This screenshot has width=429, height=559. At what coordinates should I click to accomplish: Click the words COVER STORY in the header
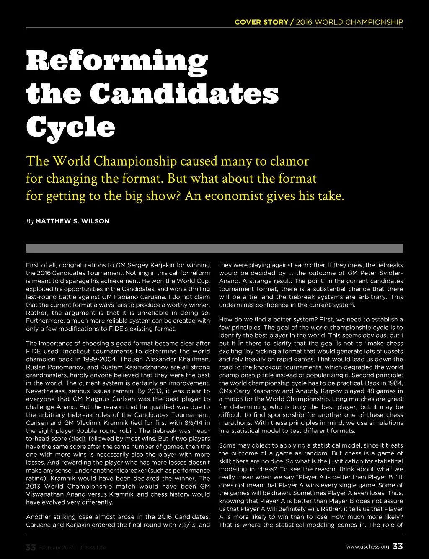pos(261,22)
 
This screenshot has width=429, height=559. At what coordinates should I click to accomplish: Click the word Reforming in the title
pos(116,61)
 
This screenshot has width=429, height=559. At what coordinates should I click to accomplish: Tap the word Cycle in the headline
pos(70,127)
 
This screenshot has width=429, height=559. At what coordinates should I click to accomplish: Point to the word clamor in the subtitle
pos(290,161)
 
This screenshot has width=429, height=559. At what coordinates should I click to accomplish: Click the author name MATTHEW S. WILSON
pos(72,221)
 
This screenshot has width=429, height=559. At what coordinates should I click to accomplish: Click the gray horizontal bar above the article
pos(214,248)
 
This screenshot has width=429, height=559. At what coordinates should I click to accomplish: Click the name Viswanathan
pos(45,494)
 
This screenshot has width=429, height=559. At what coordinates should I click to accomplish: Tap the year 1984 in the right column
pos(395,383)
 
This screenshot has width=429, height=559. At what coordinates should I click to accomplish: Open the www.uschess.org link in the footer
pos(367,547)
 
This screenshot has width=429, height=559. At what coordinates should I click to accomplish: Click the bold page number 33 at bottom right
pos(398,546)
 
